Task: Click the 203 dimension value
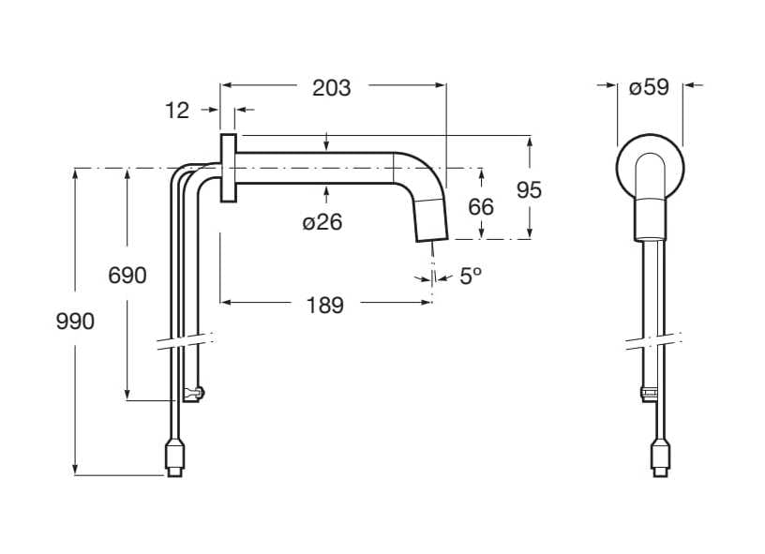(x=331, y=88)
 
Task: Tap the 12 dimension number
(x=177, y=111)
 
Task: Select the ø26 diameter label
(x=322, y=222)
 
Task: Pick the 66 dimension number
(x=481, y=205)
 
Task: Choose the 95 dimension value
(x=530, y=189)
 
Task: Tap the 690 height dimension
(x=127, y=276)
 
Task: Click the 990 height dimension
(x=75, y=322)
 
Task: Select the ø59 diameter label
(x=649, y=88)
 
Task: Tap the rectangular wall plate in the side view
(x=228, y=167)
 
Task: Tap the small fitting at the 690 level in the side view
(x=193, y=393)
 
